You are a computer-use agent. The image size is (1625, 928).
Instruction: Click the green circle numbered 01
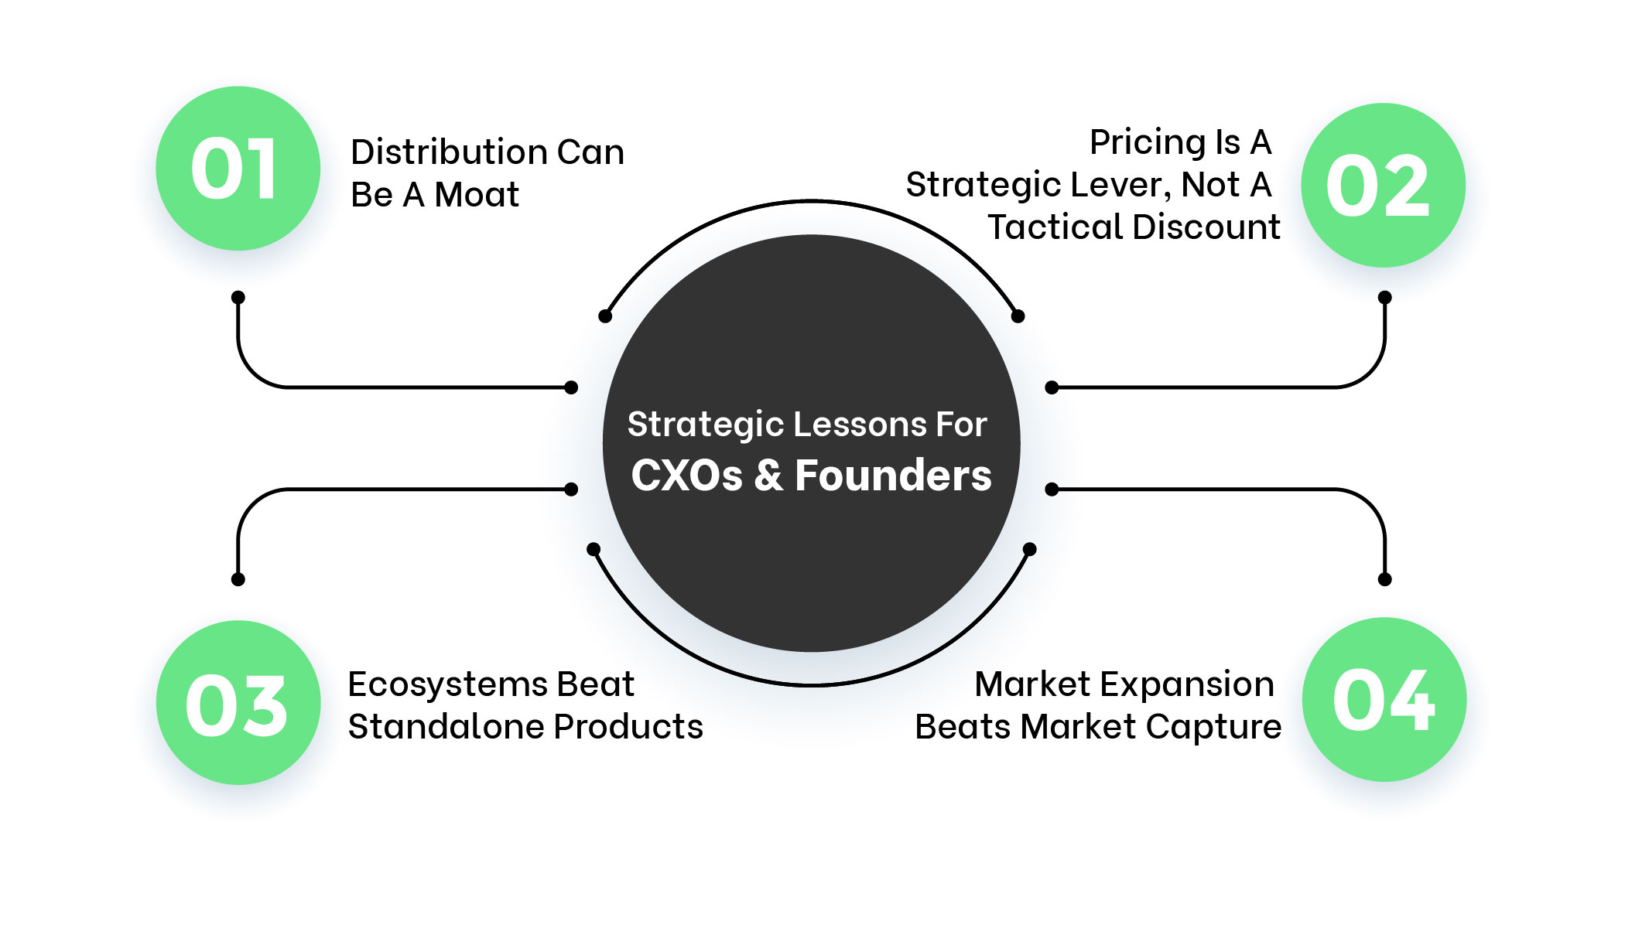238,169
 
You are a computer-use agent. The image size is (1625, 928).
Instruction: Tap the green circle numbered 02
1383,186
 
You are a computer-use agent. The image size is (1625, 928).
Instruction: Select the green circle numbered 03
238,702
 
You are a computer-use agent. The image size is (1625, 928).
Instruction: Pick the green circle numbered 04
1384,699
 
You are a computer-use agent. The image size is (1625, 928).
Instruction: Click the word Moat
477,195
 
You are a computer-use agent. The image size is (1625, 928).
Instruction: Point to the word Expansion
1187,684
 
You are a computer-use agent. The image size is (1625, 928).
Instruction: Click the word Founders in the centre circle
893,475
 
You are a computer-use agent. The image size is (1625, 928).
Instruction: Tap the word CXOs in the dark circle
686,475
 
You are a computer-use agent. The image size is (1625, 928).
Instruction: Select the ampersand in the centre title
768,475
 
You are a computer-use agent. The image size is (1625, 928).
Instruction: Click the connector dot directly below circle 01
238,298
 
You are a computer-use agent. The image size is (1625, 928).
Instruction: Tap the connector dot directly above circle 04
1385,579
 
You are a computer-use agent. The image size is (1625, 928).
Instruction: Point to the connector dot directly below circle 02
1385,298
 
